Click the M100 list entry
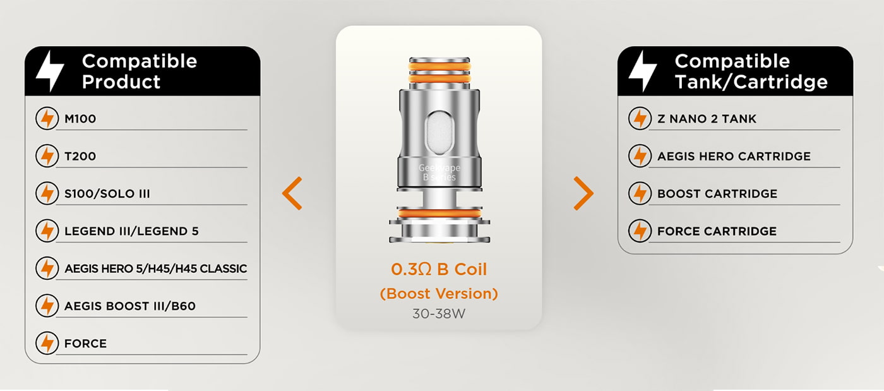click(x=80, y=119)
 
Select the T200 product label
click(x=80, y=156)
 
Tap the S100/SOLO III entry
click(x=107, y=193)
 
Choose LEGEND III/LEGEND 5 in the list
click(x=131, y=231)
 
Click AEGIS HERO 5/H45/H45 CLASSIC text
click(x=155, y=268)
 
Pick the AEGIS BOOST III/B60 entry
click(x=130, y=306)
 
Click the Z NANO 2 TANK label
click(x=707, y=119)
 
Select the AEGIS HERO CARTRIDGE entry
click(x=734, y=156)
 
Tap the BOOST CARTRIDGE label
click(x=717, y=193)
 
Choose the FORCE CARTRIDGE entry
click(x=717, y=231)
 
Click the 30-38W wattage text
click(x=439, y=313)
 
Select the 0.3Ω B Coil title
click(x=439, y=269)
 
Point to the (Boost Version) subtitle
click(x=439, y=294)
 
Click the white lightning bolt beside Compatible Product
click(x=49, y=71)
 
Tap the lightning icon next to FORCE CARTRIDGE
click(x=640, y=231)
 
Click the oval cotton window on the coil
click(x=439, y=133)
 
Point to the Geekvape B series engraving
click(x=439, y=172)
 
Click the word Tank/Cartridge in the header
click(x=751, y=81)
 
